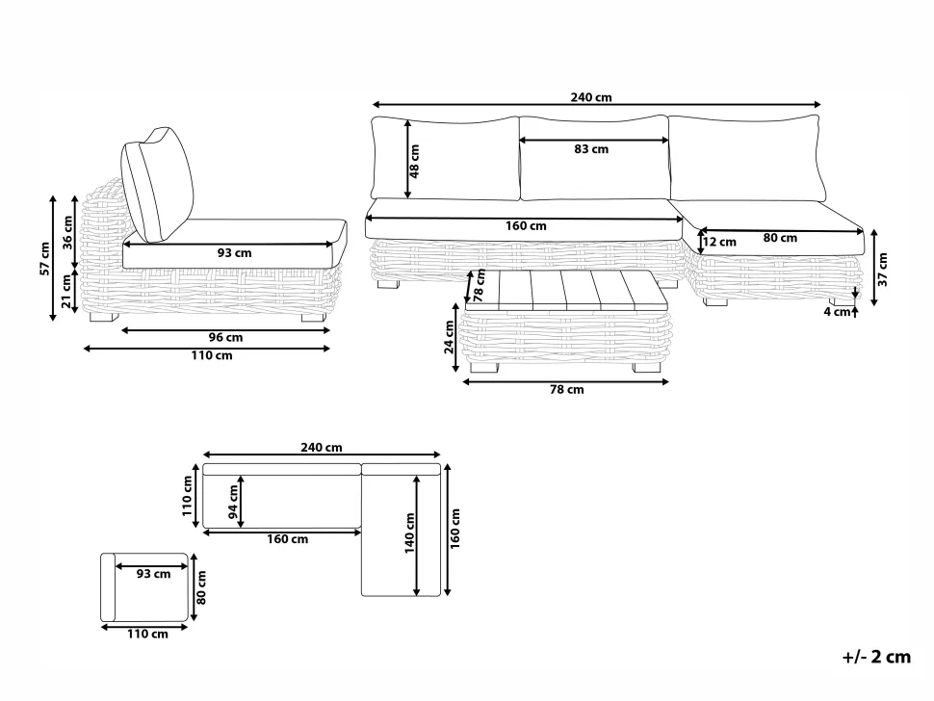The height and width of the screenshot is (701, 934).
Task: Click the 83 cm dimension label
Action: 591,149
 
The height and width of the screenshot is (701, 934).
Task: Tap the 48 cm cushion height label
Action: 415,161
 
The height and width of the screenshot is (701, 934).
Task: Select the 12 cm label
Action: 719,242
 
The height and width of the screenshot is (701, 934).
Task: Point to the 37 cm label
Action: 882,270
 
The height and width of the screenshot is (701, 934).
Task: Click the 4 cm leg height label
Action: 837,311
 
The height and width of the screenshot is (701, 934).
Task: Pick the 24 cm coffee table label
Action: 450,337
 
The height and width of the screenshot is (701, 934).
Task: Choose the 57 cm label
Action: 44,258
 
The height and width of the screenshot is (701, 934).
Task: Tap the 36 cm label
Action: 67,232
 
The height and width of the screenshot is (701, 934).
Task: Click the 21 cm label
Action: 67,292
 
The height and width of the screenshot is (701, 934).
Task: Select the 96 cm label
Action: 225,338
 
